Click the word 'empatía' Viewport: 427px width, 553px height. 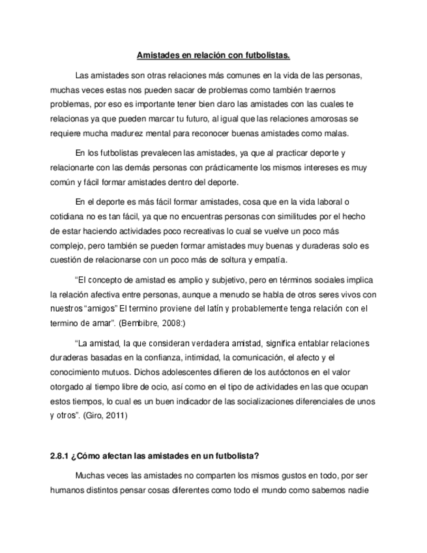click(x=267, y=261)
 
